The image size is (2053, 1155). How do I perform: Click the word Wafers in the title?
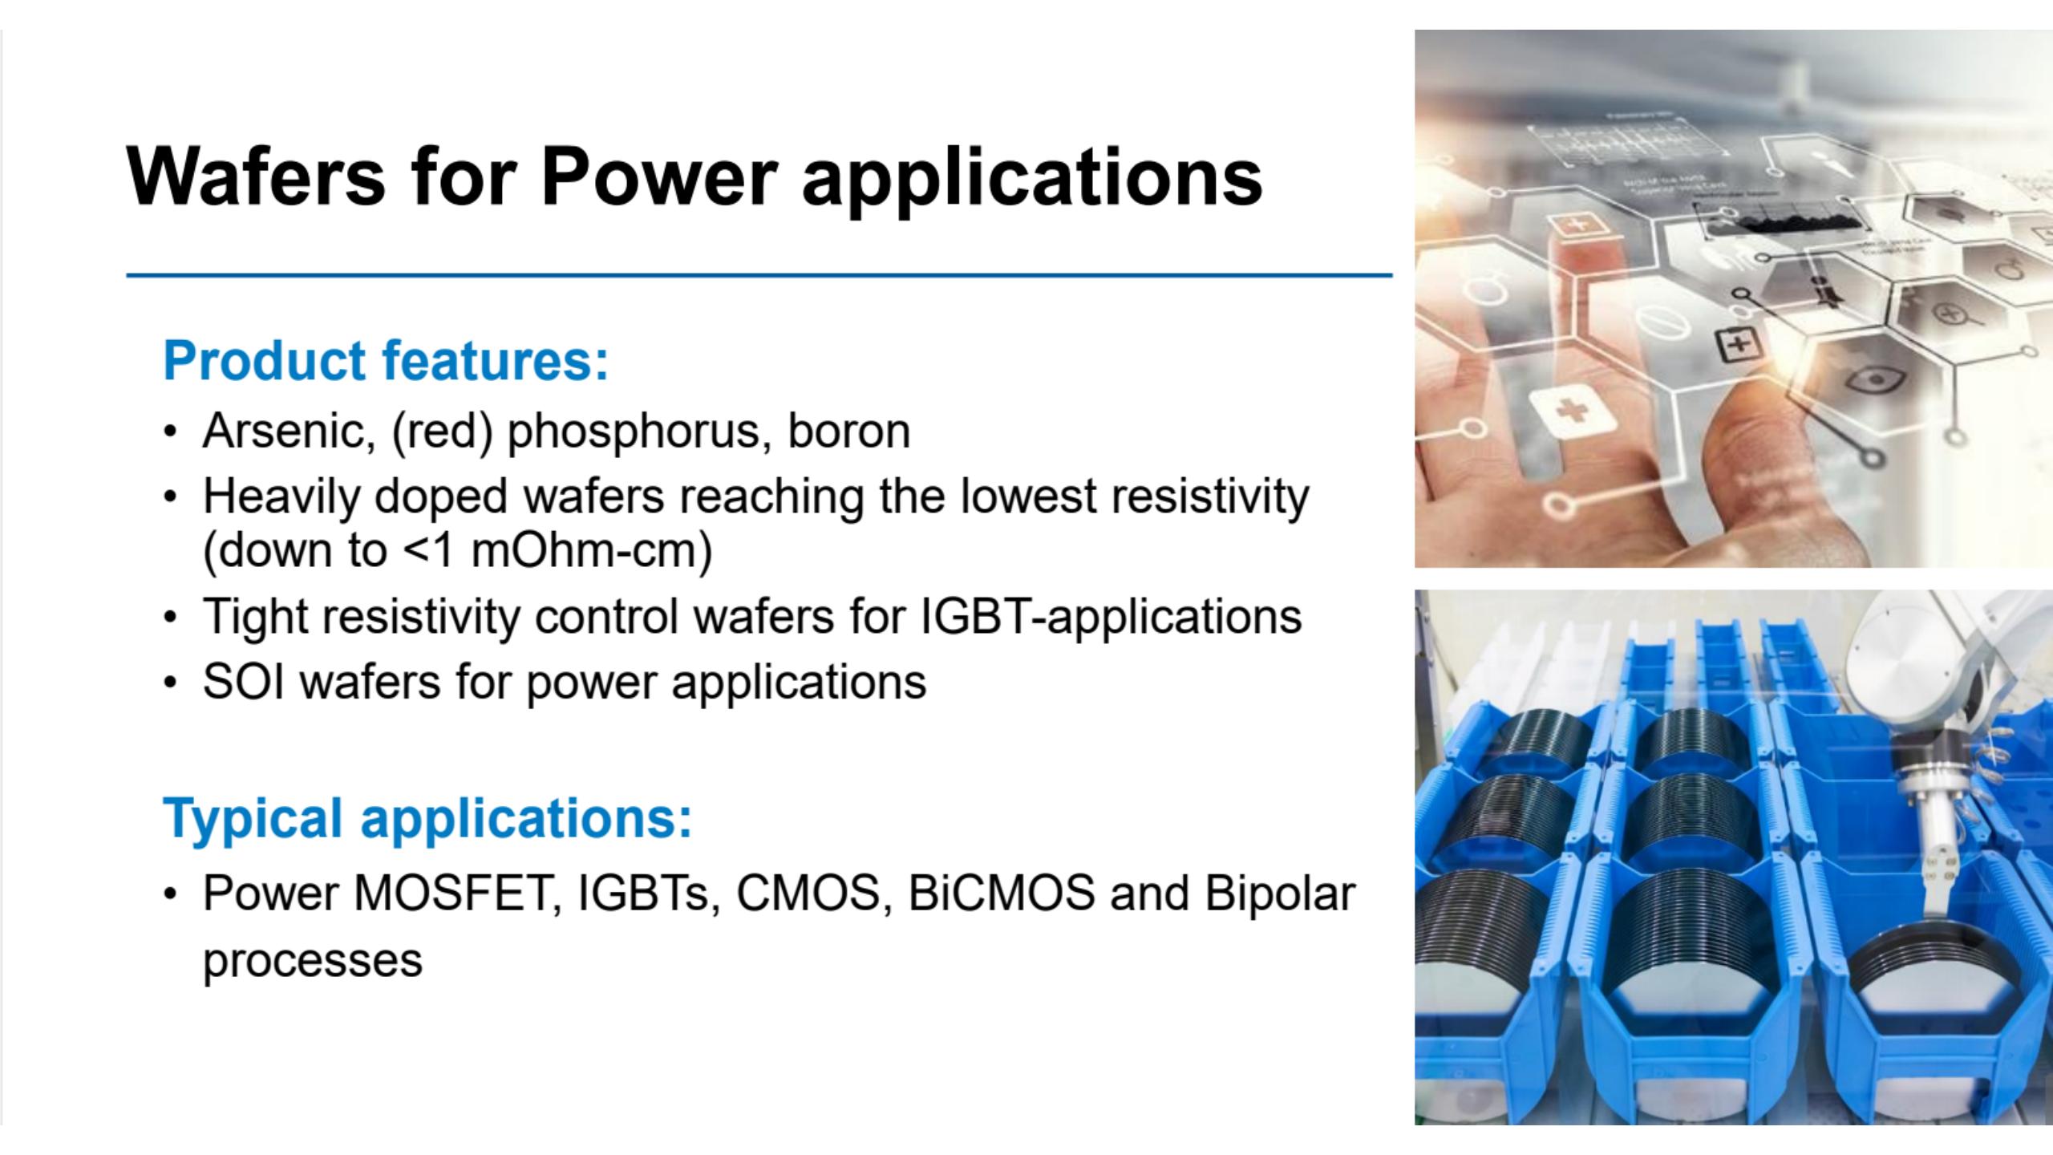coord(256,176)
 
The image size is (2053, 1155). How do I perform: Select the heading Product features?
coord(386,362)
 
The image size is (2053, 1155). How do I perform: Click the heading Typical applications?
coord(427,819)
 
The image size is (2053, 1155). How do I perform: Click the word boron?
coord(849,432)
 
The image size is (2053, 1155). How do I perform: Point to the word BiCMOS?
coord(1002,894)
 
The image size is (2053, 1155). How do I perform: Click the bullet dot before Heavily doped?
coord(169,498)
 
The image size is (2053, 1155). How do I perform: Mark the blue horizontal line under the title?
coord(759,275)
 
